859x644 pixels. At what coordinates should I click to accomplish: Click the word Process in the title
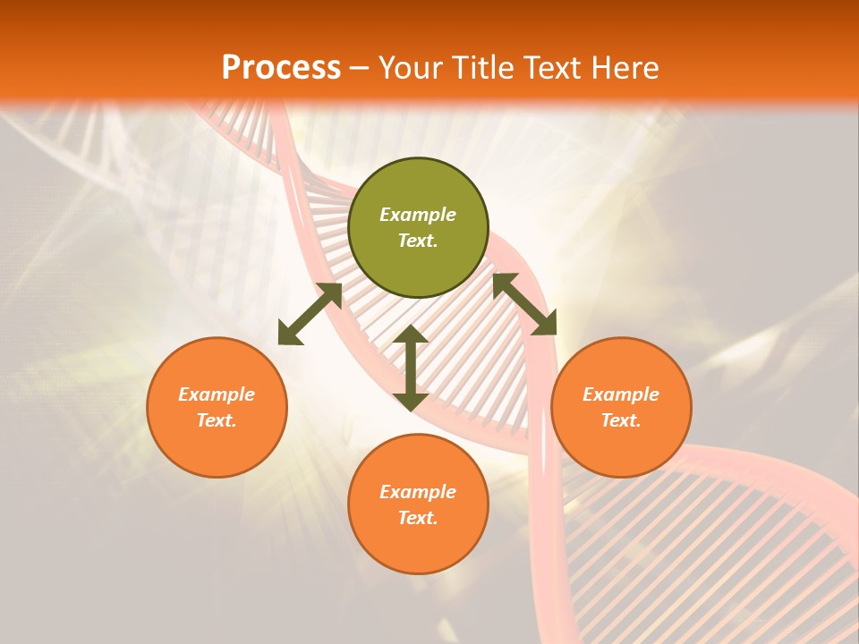click(281, 68)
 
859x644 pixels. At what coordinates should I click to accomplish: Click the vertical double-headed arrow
click(411, 368)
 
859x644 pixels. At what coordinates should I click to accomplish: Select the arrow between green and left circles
click(310, 314)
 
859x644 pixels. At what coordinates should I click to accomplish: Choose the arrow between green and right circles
click(524, 304)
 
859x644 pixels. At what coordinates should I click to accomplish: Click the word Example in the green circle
click(418, 215)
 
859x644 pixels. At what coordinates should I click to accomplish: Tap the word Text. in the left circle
click(217, 420)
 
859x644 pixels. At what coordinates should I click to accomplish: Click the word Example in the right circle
click(621, 394)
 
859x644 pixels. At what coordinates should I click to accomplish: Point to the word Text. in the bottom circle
click(418, 518)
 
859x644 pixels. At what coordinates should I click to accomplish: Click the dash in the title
click(359, 69)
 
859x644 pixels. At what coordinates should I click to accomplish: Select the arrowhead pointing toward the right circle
click(544, 324)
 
